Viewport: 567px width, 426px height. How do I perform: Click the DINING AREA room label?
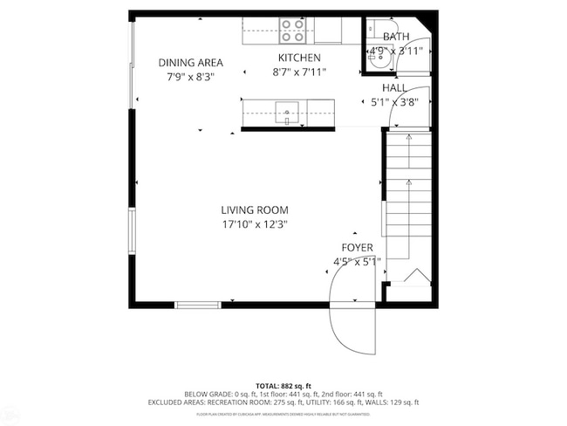click(x=190, y=62)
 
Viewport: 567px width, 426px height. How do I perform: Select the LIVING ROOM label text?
click(x=254, y=210)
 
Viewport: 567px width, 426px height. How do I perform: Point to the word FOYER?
click(x=357, y=247)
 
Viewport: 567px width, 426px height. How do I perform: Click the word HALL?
click(x=393, y=88)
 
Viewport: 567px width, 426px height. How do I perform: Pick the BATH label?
click(x=395, y=37)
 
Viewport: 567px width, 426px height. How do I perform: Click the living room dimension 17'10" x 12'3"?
click(x=254, y=223)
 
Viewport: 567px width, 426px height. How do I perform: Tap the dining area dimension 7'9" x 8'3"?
click(x=190, y=76)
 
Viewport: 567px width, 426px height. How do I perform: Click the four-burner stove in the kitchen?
click(x=294, y=31)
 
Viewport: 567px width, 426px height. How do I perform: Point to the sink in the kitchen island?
click(x=287, y=112)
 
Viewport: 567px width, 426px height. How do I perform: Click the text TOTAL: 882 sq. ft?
click(x=283, y=385)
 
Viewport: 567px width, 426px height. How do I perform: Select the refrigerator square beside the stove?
click(x=329, y=30)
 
